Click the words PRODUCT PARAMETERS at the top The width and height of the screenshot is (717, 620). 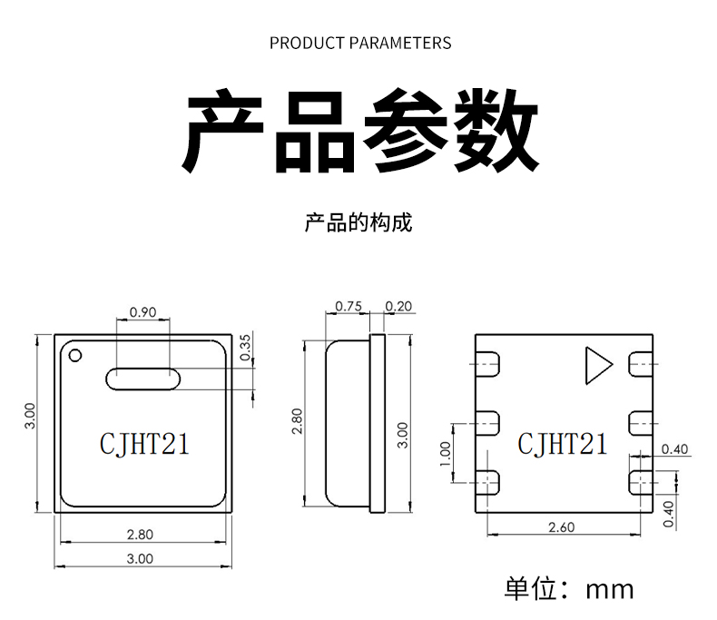pyautogui.click(x=360, y=43)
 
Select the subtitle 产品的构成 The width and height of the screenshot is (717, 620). pyautogui.click(x=358, y=222)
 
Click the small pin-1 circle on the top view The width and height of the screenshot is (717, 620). pyautogui.click(x=74, y=354)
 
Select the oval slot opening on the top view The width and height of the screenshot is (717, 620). pyautogui.click(x=143, y=377)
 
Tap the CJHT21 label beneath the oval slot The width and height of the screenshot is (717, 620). pyautogui.click(x=143, y=443)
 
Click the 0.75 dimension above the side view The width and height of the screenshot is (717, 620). pyautogui.click(x=349, y=306)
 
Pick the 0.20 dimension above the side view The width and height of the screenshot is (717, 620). pyautogui.click(x=398, y=306)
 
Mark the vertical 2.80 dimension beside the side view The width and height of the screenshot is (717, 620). pyautogui.click(x=297, y=421)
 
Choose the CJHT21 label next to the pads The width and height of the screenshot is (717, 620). pyautogui.click(x=563, y=443)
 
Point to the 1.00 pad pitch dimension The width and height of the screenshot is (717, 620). pyautogui.click(x=445, y=451)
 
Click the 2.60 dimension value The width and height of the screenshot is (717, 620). pyautogui.click(x=563, y=527)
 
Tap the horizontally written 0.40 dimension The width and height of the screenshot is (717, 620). pyautogui.click(x=675, y=449)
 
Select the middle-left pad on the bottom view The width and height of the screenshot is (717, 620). pyautogui.click(x=487, y=421)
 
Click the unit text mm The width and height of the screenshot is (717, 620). pyautogui.click(x=609, y=588)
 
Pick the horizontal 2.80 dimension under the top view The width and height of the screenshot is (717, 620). pyautogui.click(x=140, y=533)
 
